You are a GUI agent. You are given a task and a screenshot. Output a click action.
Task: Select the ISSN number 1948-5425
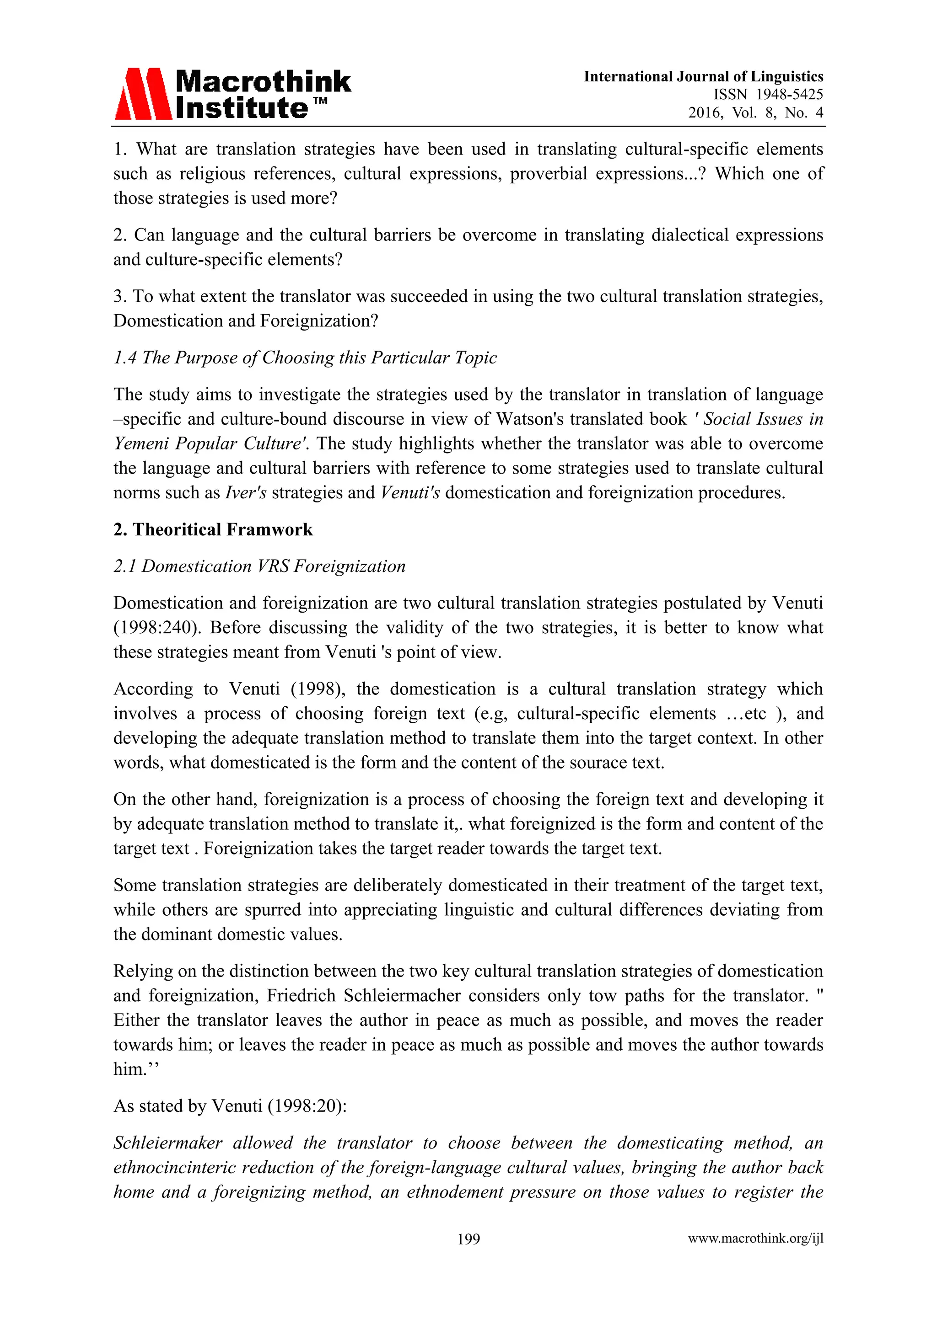click(x=789, y=95)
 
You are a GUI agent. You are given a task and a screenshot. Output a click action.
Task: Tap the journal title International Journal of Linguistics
click(x=703, y=77)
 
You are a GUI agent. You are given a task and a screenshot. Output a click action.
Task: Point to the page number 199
click(x=468, y=1239)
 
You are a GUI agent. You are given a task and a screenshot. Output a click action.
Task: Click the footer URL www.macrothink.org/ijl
click(x=755, y=1239)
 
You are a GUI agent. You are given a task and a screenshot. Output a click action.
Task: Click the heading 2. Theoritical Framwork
click(x=213, y=529)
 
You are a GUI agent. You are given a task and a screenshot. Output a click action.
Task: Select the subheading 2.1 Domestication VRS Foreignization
click(x=259, y=566)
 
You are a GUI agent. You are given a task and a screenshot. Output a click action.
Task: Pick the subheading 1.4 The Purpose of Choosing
click(x=305, y=358)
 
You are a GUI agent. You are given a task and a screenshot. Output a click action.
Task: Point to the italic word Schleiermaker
click(x=168, y=1143)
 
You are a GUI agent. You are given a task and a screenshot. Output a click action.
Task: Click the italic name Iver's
click(x=245, y=493)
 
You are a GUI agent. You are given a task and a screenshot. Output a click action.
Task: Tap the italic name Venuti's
click(x=409, y=493)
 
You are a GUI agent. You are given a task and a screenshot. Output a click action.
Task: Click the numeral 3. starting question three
click(x=120, y=296)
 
